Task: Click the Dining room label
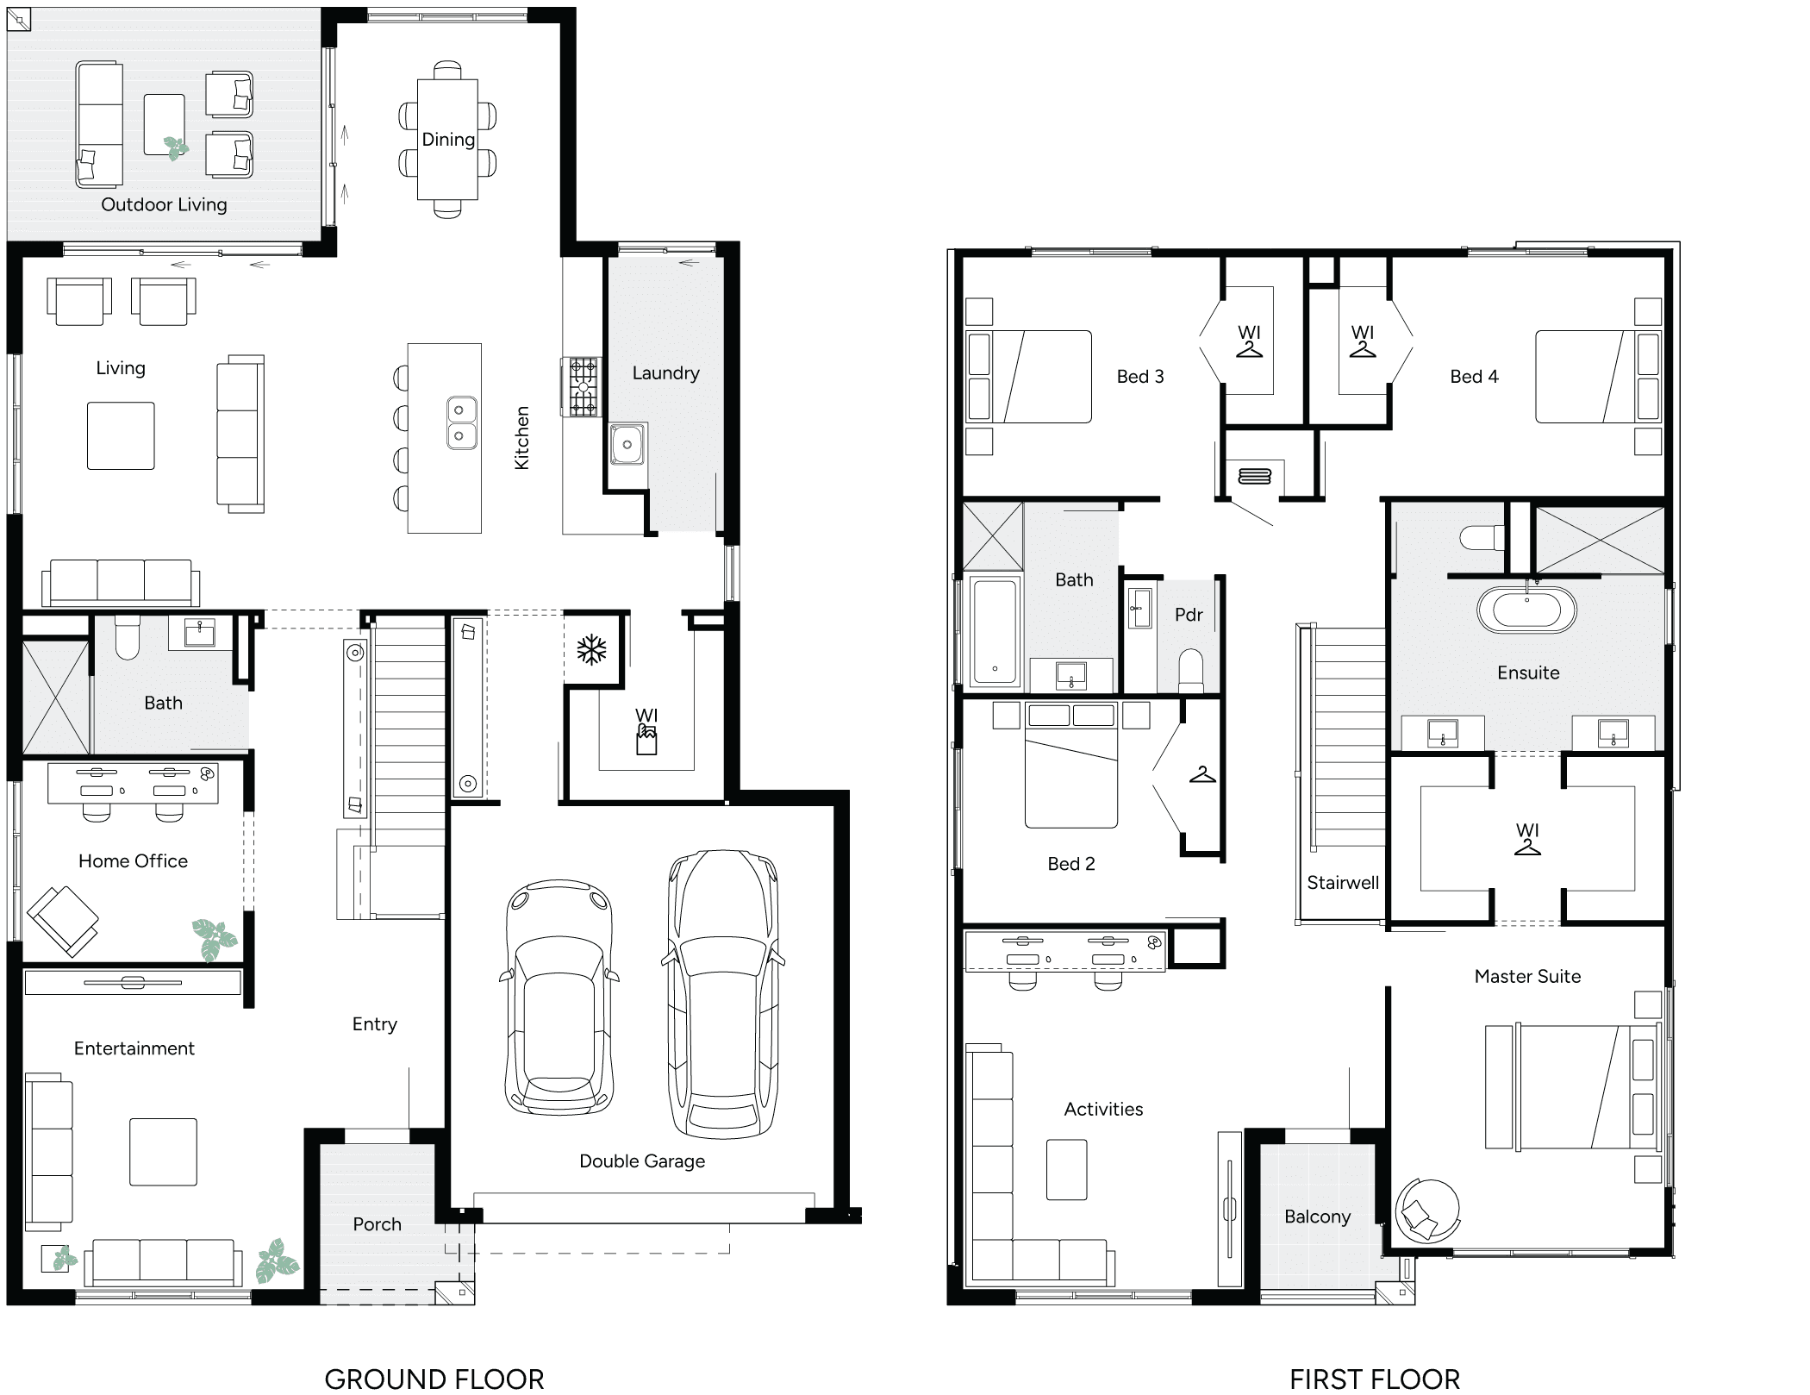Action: click(448, 140)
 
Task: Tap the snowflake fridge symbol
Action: click(592, 650)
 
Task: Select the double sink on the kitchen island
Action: click(461, 422)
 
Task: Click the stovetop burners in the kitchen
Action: click(583, 387)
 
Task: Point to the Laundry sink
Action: click(627, 445)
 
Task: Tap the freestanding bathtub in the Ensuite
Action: click(1526, 610)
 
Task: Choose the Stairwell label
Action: click(1342, 882)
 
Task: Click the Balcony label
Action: click(1317, 1217)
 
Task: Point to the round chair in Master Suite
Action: click(1426, 1210)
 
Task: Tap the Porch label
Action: click(377, 1224)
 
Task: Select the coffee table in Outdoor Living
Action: click(165, 125)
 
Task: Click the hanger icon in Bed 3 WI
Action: click(1249, 349)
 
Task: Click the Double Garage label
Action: click(641, 1161)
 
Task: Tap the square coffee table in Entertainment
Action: click(163, 1152)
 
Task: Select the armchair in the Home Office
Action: click(63, 920)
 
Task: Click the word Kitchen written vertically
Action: click(521, 438)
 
